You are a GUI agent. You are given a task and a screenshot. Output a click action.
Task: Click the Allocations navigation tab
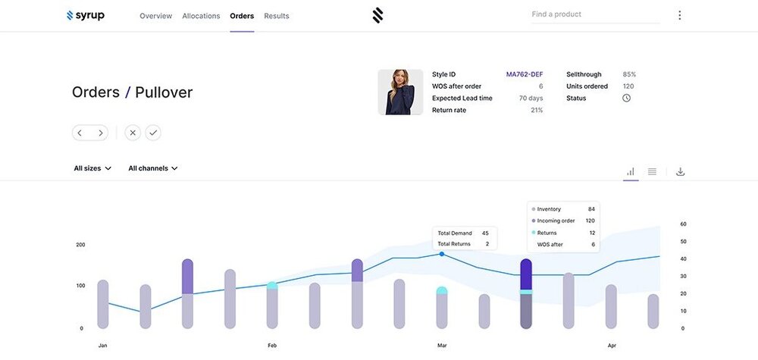tap(201, 16)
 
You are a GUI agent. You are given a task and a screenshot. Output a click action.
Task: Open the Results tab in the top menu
tap(277, 16)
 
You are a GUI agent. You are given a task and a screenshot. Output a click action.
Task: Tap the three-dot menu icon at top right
tap(679, 15)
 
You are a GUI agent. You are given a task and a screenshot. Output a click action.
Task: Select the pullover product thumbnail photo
tap(400, 92)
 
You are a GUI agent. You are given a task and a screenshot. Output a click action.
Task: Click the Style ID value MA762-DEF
tap(525, 74)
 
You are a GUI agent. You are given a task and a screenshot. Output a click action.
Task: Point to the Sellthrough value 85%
tap(629, 74)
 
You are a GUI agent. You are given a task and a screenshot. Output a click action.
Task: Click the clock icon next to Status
tap(627, 99)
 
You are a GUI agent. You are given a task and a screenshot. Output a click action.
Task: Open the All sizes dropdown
tap(92, 168)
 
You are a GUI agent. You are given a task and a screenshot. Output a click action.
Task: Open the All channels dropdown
tap(153, 168)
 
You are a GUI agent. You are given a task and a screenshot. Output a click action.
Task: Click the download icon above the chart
tap(680, 172)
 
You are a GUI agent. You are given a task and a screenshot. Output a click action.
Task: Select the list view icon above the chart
tap(652, 172)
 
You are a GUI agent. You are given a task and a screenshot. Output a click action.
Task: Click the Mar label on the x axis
tap(442, 346)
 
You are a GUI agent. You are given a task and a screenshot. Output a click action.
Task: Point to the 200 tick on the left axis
tap(80, 245)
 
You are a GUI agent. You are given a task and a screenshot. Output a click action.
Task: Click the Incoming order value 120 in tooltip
tap(590, 221)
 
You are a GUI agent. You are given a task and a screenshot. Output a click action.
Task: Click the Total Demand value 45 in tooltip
tap(485, 233)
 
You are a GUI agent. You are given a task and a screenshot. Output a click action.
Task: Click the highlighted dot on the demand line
tap(442, 254)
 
